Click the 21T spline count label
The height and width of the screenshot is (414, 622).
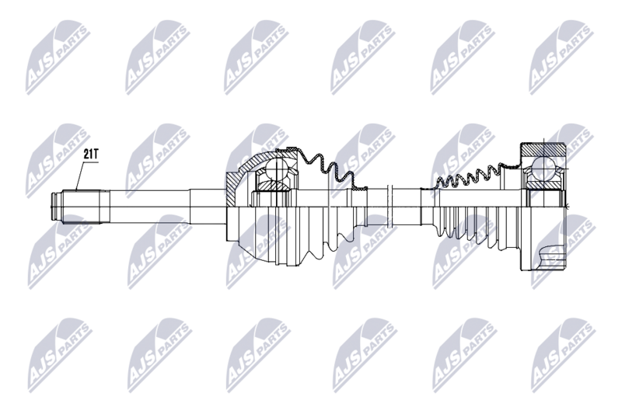point(91,154)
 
